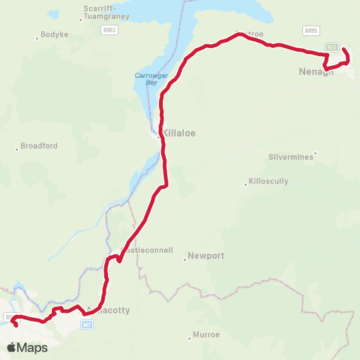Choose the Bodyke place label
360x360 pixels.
point(55,36)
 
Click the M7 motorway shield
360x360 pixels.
point(87,324)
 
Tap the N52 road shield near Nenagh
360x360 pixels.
point(331,47)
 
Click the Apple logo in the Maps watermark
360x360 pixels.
point(11,347)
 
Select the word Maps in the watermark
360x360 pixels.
point(32,347)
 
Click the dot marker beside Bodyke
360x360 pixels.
point(38,37)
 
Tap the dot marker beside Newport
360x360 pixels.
point(184,260)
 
